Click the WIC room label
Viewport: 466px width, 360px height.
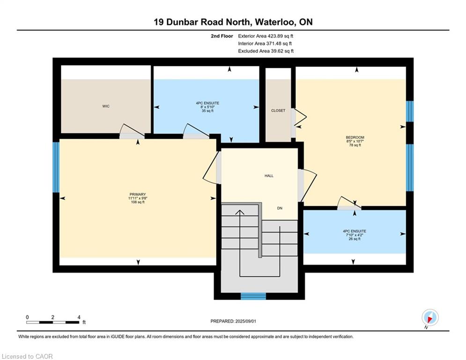pyautogui.click(x=106, y=106)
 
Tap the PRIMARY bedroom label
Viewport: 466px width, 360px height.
pyautogui.click(x=138, y=194)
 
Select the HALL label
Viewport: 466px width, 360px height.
pyautogui.click(x=268, y=176)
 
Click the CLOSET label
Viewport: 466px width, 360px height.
pyautogui.click(x=278, y=111)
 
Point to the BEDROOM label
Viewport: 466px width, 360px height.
pyautogui.click(x=355, y=137)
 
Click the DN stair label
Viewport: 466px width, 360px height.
pyautogui.click(x=280, y=208)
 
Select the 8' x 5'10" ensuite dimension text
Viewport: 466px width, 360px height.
pyautogui.click(x=207, y=107)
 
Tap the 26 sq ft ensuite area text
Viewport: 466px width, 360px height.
pyautogui.click(x=355, y=239)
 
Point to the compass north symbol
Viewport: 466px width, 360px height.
pyautogui.click(x=429, y=317)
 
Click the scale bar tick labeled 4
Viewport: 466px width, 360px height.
pyautogui.click(x=79, y=317)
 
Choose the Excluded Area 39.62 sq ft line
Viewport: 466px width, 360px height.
pyautogui.click(x=266, y=51)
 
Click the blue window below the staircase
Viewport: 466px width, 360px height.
pyautogui.click(x=253, y=296)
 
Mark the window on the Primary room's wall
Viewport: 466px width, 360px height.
pyautogui.click(x=56, y=167)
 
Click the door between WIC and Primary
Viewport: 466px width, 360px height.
pyautogui.click(x=132, y=136)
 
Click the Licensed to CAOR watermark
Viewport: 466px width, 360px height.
pyautogui.click(x=28, y=356)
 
